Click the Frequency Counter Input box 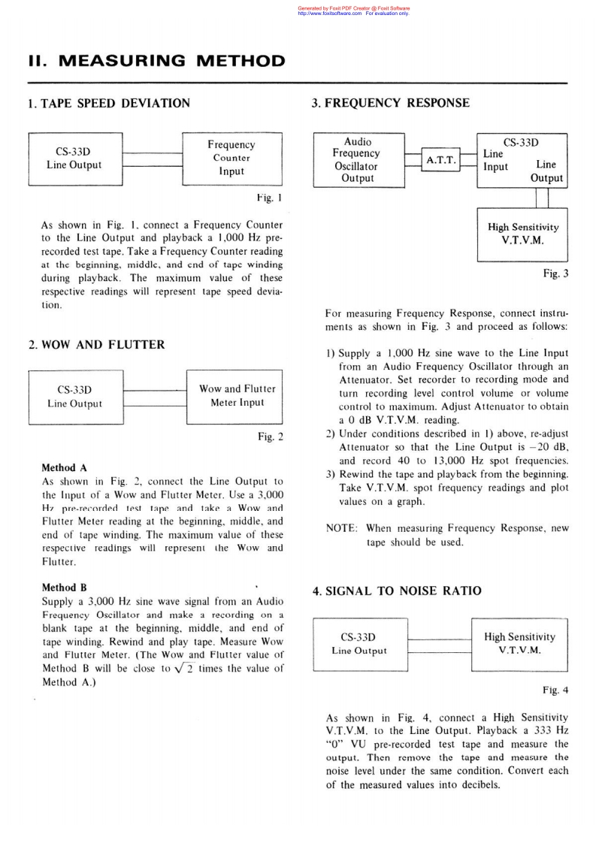231,158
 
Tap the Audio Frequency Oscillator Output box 358,159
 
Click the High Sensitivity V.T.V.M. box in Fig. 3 523,234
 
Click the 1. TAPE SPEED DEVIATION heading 109,103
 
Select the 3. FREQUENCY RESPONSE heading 391,103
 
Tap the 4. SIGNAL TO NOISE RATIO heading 397,591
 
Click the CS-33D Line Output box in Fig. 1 74,158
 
